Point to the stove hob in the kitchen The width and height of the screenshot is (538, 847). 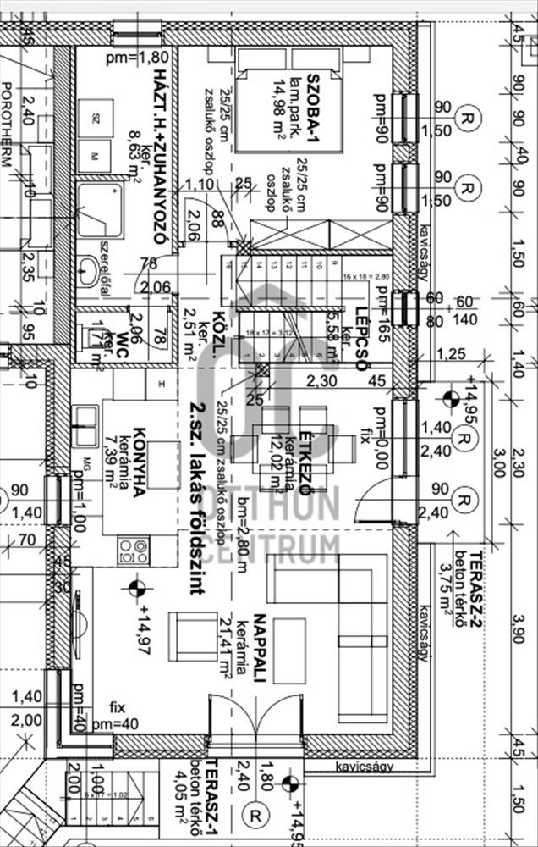pyautogui.click(x=133, y=551)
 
